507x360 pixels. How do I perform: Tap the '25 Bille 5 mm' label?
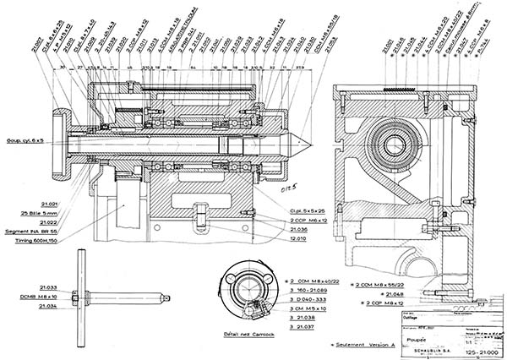[x=35, y=215]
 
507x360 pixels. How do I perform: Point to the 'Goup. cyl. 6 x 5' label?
[x=27, y=140]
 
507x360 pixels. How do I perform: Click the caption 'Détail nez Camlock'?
[x=248, y=335]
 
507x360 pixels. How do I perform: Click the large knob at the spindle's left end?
[x=61, y=140]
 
